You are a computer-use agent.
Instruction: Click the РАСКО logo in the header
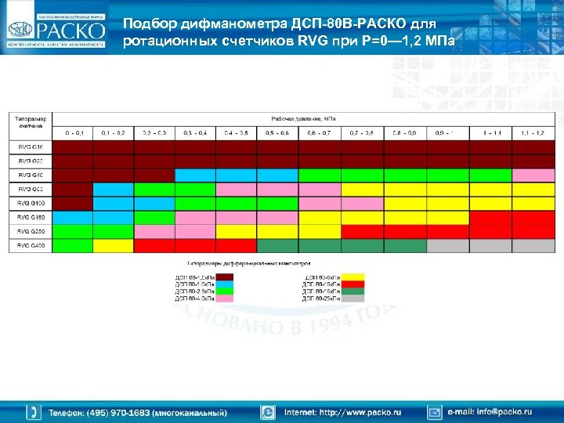55,30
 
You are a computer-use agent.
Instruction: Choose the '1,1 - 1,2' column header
533,132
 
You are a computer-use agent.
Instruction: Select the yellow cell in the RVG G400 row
114,246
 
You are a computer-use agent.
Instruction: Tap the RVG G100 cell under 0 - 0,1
72,203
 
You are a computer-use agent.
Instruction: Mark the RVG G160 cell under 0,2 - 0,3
154,217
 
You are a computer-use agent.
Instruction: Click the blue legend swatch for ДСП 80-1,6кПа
225,284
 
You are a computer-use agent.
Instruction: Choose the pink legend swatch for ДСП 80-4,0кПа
225,298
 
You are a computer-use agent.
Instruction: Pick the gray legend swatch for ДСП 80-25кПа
352,298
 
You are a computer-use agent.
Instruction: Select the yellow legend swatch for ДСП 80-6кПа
352,277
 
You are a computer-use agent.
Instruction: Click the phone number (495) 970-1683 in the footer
138,412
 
